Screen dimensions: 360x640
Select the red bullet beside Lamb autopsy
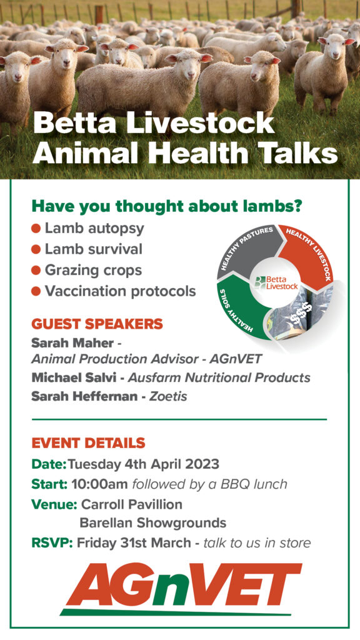pos(36,228)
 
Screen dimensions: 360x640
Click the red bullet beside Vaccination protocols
pos(36,291)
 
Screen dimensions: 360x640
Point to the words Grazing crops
pos(94,270)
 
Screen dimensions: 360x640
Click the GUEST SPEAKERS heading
pos(97,324)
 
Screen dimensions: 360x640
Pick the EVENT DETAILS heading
pos(88,442)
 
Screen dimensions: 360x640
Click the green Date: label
pos(49,464)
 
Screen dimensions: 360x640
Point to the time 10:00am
pos(99,484)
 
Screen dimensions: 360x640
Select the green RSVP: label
pos(52,543)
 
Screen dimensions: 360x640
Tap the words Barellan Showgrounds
pos(152,523)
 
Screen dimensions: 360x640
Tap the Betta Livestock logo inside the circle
pos(276,282)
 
